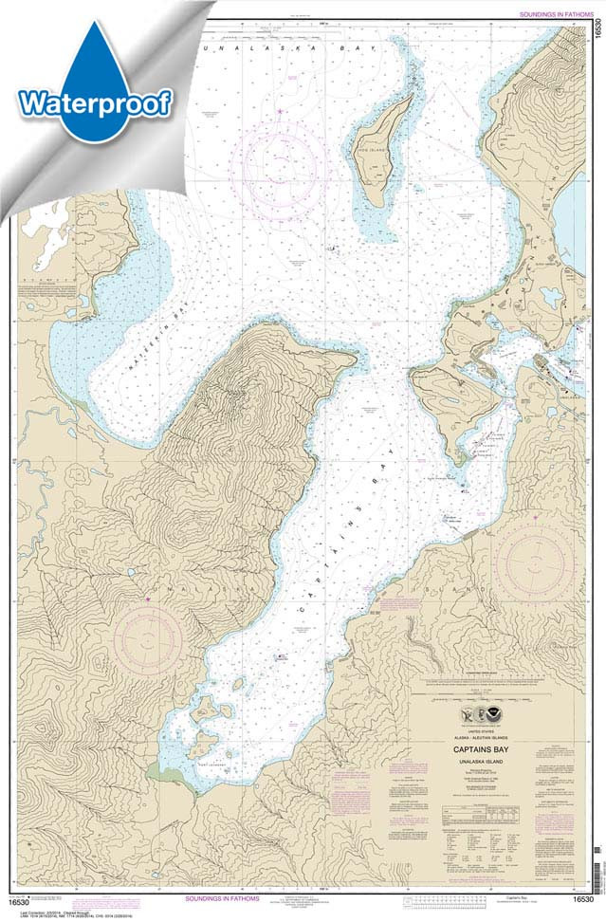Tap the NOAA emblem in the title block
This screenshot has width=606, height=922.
[x=498, y=714]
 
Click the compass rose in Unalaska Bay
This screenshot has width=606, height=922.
[x=283, y=162]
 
